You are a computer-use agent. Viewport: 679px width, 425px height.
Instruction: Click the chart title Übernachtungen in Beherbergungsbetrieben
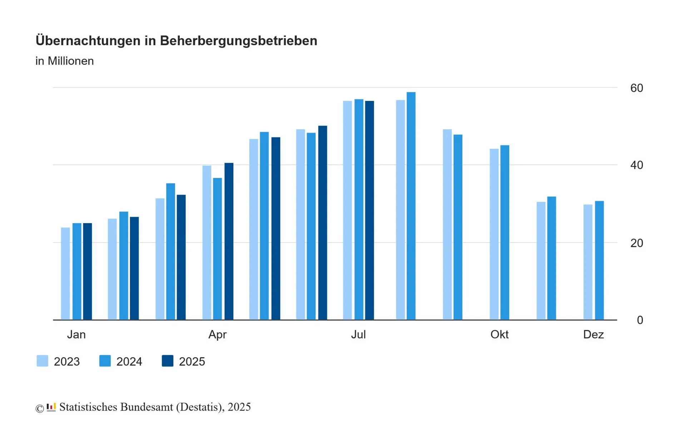pos(176,41)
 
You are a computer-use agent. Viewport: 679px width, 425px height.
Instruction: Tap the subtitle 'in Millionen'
pos(64,61)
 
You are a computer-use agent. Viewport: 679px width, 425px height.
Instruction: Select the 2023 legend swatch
pos(43,361)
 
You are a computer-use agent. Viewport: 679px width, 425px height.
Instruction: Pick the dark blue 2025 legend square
pos(168,361)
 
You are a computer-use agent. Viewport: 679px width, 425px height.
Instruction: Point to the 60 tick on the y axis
pos(636,88)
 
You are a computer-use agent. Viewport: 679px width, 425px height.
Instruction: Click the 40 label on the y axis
pos(636,165)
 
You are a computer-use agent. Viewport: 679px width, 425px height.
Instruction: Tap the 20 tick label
pos(636,243)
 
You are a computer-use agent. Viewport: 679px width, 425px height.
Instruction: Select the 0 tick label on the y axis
pos(640,320)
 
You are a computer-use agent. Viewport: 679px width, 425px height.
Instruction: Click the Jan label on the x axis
pos(76,334)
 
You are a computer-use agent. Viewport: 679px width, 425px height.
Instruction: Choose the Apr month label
pos(217,334)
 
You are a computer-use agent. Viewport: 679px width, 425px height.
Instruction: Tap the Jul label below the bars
pos(358,334)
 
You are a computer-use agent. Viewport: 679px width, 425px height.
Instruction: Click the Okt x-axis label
pos(499,334)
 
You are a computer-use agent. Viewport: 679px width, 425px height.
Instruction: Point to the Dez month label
pos(593,334)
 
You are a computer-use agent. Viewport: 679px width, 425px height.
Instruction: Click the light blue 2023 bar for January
pos(65,274)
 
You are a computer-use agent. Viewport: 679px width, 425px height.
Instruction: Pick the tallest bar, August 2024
pos(411,206)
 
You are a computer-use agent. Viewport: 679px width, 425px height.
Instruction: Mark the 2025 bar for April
pos(229,241)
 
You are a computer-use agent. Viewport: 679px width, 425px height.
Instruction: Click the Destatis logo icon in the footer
pos(51,407)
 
